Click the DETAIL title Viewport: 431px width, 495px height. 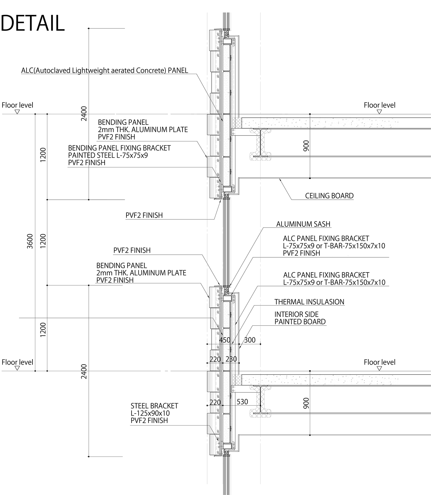(33, 23)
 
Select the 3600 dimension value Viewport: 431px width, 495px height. (30, 241)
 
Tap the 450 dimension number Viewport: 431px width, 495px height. (225, 340)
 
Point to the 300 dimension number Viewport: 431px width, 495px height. (250, 340)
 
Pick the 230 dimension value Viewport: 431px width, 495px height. (231, 359)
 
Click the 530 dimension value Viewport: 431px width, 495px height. (242, 402)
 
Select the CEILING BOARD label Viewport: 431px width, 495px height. (329, 196)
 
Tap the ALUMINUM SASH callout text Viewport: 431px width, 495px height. (303, 224)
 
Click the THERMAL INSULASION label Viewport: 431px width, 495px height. (309, 302)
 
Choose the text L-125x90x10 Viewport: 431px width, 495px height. (150, 413)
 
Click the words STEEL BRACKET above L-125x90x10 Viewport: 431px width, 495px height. (154, 406)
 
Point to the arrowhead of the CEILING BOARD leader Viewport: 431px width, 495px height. (279, 179)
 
